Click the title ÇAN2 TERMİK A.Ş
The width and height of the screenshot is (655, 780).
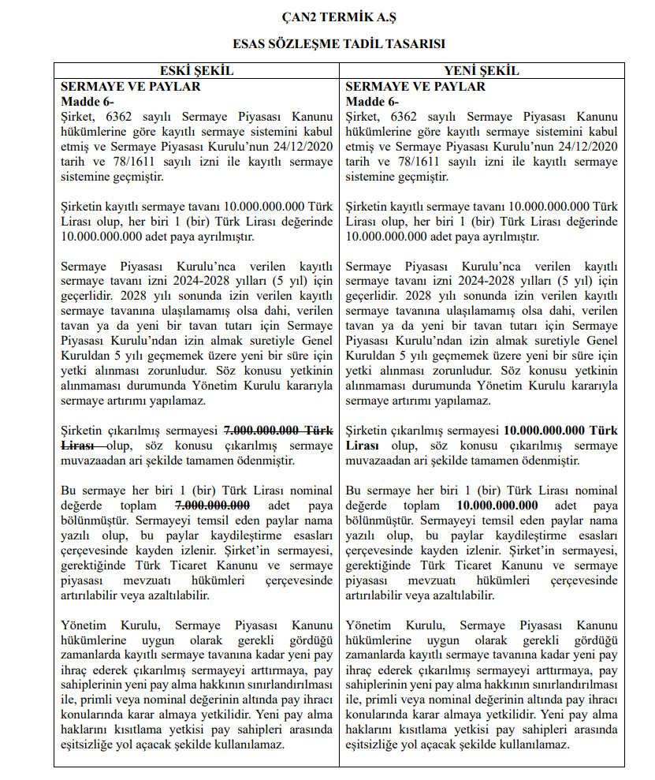(327, 16)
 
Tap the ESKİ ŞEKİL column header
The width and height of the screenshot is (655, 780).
(196, 71)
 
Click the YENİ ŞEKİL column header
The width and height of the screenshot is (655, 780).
(482, 71)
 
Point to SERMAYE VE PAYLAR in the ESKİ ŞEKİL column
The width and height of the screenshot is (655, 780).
(131, 86)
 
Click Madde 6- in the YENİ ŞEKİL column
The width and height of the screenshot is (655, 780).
(372, 101)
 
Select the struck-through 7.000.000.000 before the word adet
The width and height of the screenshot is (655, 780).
(213, 506)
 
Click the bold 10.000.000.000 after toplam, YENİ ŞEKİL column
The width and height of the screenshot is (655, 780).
(497, 506)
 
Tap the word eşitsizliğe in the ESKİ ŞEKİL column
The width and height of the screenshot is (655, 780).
(88, 745)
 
